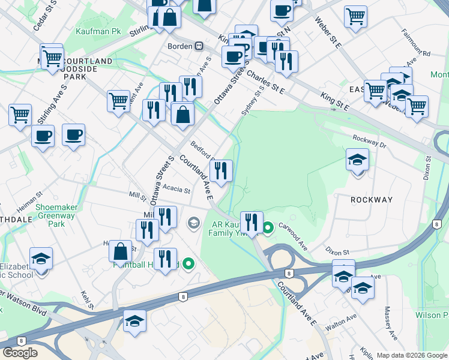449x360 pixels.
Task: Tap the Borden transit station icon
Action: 198,46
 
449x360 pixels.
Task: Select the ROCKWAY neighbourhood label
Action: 372,200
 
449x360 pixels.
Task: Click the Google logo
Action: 20,353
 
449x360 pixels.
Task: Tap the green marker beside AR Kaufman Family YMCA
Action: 268,227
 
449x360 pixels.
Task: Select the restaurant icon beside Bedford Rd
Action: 221,171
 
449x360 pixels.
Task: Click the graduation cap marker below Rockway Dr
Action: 357,160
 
